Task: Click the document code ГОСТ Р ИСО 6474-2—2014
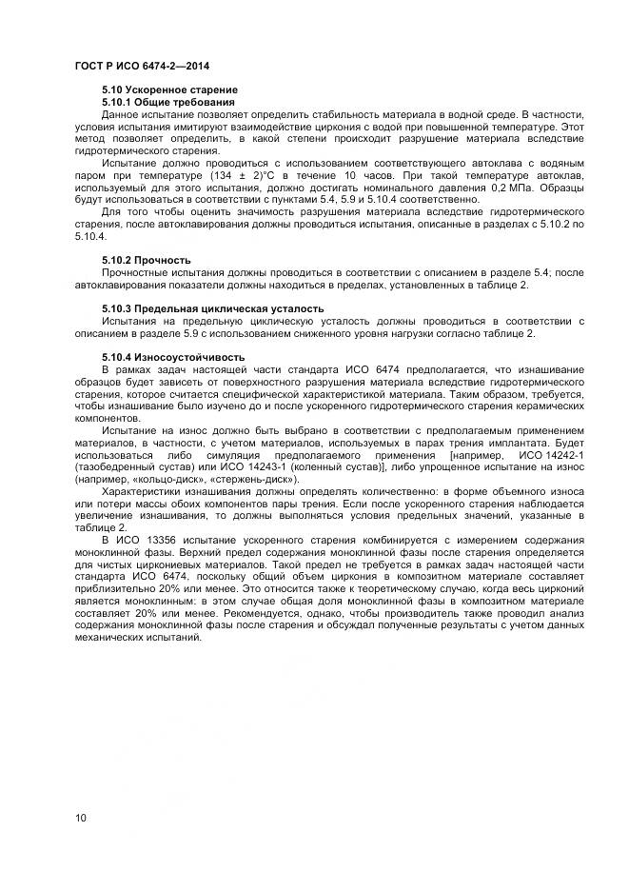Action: click(x=142, y=66)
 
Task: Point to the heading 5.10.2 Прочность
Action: click(x=147, y=260)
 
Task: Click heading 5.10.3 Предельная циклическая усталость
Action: click(x=212, y=309)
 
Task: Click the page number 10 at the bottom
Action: click(x=81, y=818)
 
